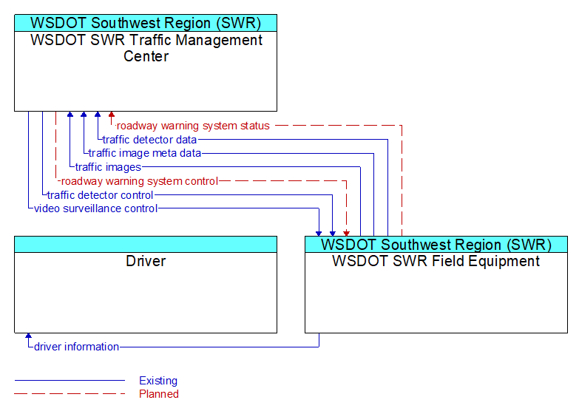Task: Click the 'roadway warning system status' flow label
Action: click(193, 126)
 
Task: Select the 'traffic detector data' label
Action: click(149, 140)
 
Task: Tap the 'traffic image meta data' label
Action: click(145, 153)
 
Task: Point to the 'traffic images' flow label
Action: click(108, 167)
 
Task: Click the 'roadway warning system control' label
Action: click(139, 181)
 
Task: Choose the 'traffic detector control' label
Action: click(100, 195)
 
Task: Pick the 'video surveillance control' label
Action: click(95, 208)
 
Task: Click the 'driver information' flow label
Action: click(76, 347)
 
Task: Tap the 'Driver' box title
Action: click(146, 261)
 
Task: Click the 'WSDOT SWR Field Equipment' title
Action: click(436, 261)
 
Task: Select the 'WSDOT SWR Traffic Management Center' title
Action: click(146, 48)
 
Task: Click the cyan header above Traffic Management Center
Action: click(146, 23)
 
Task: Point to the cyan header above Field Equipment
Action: click(436, 245)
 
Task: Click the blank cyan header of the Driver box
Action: click(146, 245)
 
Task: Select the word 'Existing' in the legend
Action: click(158, 381)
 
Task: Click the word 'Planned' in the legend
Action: click(159, 394)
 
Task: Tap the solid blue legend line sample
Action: click(70, 380)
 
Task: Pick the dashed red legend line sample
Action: click(70, 394)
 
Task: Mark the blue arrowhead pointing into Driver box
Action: click(28, 336)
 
